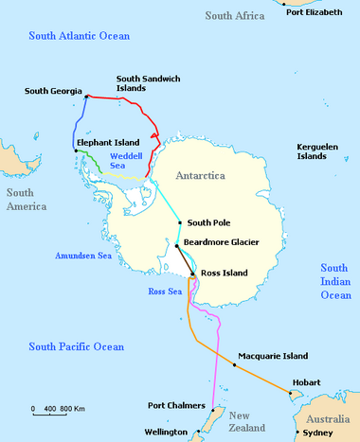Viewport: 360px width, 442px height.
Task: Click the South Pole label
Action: [208, 223]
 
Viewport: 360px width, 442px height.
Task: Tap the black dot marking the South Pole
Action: [179, 222]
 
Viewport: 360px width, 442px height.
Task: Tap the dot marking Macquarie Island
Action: [234, 364]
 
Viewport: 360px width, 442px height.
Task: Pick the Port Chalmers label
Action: [176, 406]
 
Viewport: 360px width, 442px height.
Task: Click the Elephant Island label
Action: [109, 142]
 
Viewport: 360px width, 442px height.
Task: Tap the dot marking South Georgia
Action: [86, 97]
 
